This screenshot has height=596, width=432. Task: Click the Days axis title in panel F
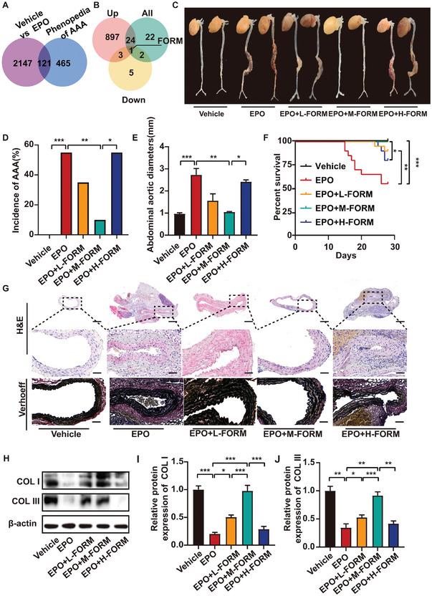347,253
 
